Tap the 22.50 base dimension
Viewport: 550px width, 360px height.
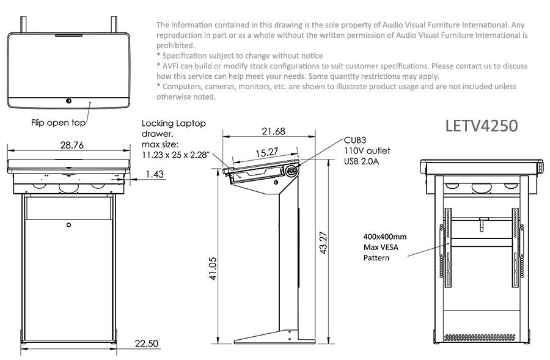coord(146,343)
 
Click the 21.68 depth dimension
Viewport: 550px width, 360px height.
coord(273,131)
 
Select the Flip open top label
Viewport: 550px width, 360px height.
coord(59,123)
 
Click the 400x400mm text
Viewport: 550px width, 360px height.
coord(385,236)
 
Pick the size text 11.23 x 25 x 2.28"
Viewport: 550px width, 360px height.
coord(175,155)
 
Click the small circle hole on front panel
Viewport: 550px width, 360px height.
coord(68,224)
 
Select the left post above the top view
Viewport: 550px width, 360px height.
coord(24,24)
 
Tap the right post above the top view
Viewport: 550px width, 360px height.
coord(114,24)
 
